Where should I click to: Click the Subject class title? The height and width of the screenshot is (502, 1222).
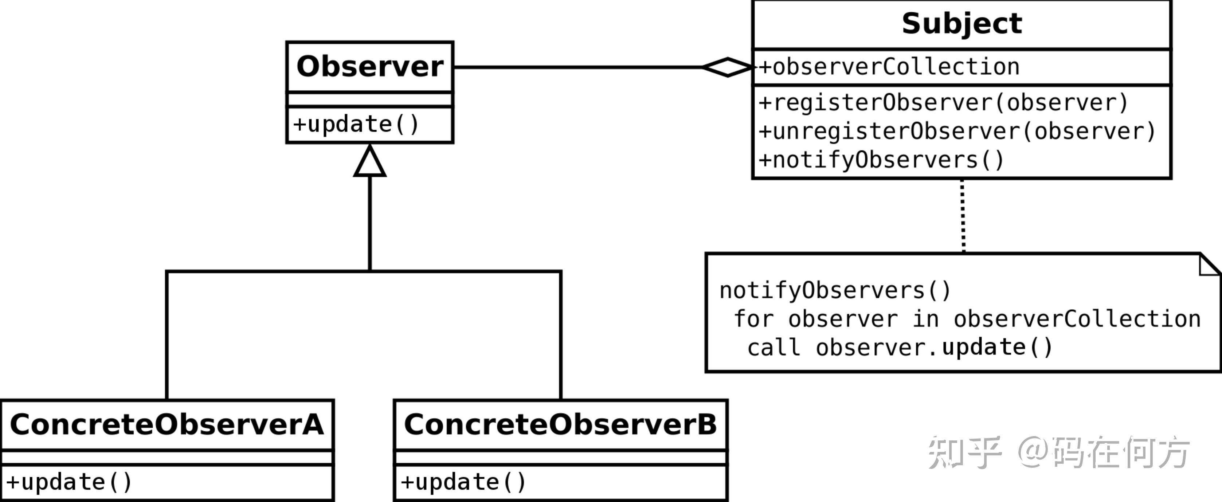[961, 24]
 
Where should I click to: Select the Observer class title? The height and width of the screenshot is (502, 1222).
[369, 66]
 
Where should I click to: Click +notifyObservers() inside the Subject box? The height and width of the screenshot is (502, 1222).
[881, 160]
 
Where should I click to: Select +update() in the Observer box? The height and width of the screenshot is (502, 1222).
[356, 124]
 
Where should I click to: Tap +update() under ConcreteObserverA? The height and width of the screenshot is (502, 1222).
[69, 482]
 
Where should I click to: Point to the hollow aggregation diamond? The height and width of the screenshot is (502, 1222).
[727, 67]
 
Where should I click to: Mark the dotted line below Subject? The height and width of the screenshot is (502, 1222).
[963, 216]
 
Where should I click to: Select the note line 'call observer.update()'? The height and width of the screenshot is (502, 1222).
[900, 347]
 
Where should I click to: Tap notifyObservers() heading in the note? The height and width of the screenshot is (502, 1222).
[835, 290]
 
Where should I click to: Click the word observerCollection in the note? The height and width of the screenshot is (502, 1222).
[1077, 319]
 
